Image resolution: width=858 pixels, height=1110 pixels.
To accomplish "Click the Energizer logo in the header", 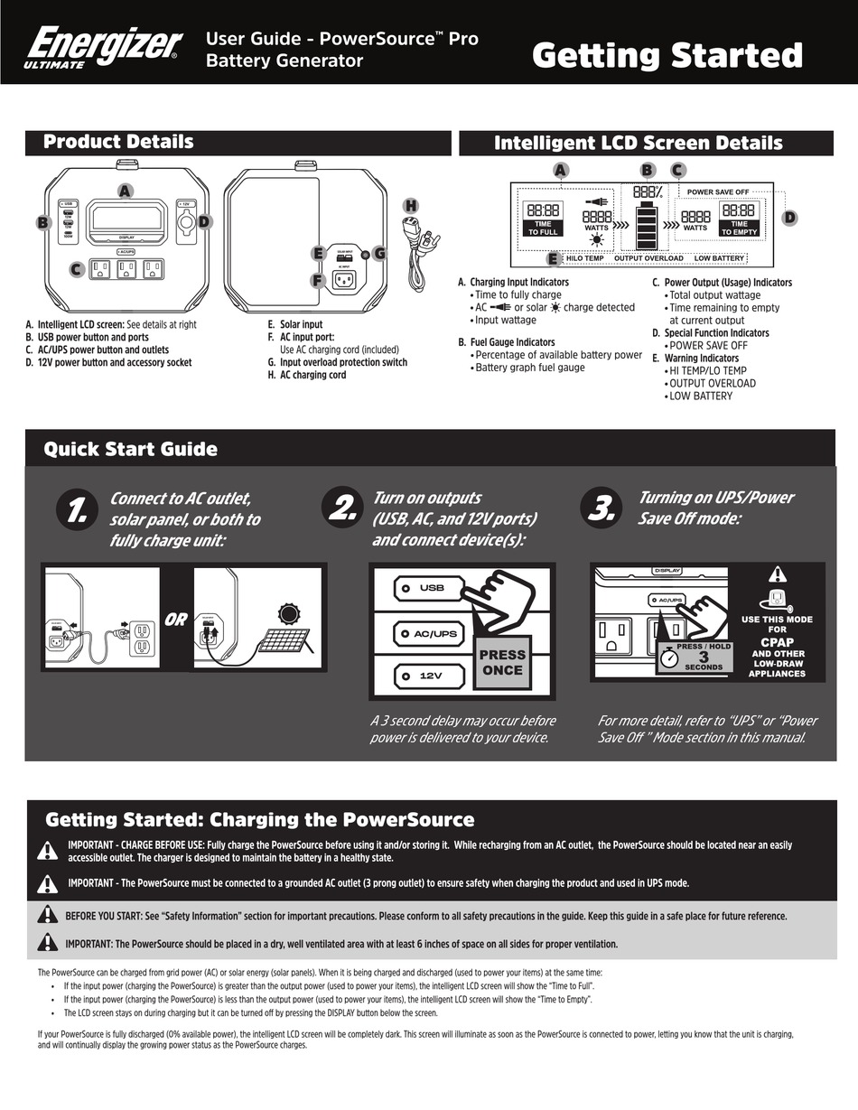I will pyautogui.click(x=103, y=46).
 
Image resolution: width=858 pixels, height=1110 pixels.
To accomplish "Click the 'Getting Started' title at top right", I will pyautogui.click(x=667, y=56).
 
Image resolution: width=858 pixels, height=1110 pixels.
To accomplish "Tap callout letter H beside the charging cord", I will pyautogui.click(x=411, y=206).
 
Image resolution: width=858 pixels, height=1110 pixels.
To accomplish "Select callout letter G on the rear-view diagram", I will pyautogui.click(x=379, y=254).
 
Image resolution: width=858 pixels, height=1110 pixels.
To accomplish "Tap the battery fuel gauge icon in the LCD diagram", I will pyautogui.click(x=647, y=225).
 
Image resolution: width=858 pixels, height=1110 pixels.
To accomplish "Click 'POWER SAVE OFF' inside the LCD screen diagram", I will pyautogui.click(x=717, y=192).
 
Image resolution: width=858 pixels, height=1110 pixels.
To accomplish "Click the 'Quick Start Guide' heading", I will pyautogui.click(x=131, y=449).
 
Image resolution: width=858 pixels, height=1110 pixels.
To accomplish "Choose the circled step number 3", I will pyautogui.click(x=601, y=510).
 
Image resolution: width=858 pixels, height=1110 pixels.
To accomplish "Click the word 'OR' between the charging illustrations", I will pyautogui.click(x=176, y=620).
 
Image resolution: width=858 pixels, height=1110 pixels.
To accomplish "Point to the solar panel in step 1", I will pyautogui.click(x=282, y=643).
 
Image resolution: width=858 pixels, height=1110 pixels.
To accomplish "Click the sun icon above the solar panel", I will pyautogui.click(x=288, y=614).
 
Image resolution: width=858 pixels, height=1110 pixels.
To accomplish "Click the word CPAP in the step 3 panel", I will pyautogui.click(x=777, y=642).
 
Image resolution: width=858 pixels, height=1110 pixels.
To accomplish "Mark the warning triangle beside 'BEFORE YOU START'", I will pyautogui.click(x=47, y=915).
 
